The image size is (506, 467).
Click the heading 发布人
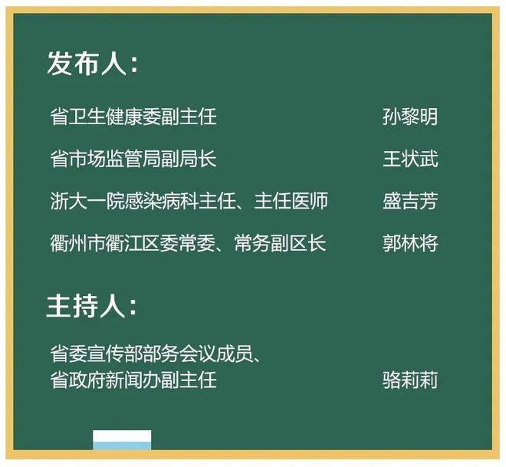(87, 63)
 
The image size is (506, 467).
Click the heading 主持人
(86, 306)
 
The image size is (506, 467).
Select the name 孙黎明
(410, 117)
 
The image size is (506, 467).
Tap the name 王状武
(410, 159)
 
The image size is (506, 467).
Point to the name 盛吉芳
(410, 201)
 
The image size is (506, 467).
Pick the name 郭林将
(410, 243)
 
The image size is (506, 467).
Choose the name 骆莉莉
(410, 380)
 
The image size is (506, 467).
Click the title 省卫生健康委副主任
(133, 117)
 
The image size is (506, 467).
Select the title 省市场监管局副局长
(133, 159)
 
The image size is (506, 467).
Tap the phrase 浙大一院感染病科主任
(143, 201)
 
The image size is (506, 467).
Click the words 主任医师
(291, 201)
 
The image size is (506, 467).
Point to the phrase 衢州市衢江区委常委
(133, 243)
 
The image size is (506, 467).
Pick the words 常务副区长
(280, 243)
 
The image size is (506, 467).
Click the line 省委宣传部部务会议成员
(152, 354)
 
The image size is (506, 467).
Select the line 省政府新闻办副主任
(133, 380)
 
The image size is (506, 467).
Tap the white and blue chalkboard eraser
(122, 439)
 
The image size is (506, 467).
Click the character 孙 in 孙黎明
(392, 117)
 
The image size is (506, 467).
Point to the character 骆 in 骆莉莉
(392, 380)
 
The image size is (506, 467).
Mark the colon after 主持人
(133, 307)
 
